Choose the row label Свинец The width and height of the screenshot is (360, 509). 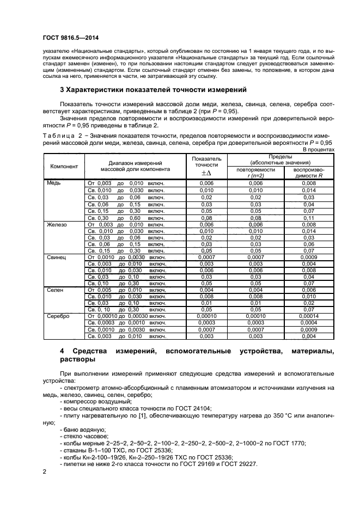pyautogui.click(x=57, y=256)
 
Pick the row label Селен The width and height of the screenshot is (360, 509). pyautogui.click(x=56, y=290)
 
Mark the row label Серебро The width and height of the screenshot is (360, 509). pyautogui.click(x=59, y=316)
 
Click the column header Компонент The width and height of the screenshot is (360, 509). pyautogui.click(x=64, y=165)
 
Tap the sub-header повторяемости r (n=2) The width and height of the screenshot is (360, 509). pyautogui.click(x=255, y=173)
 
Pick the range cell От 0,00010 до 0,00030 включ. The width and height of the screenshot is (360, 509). pyautogui.click(x=127, y=316)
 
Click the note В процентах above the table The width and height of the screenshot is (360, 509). pyautogui.click(x=319, y=149)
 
